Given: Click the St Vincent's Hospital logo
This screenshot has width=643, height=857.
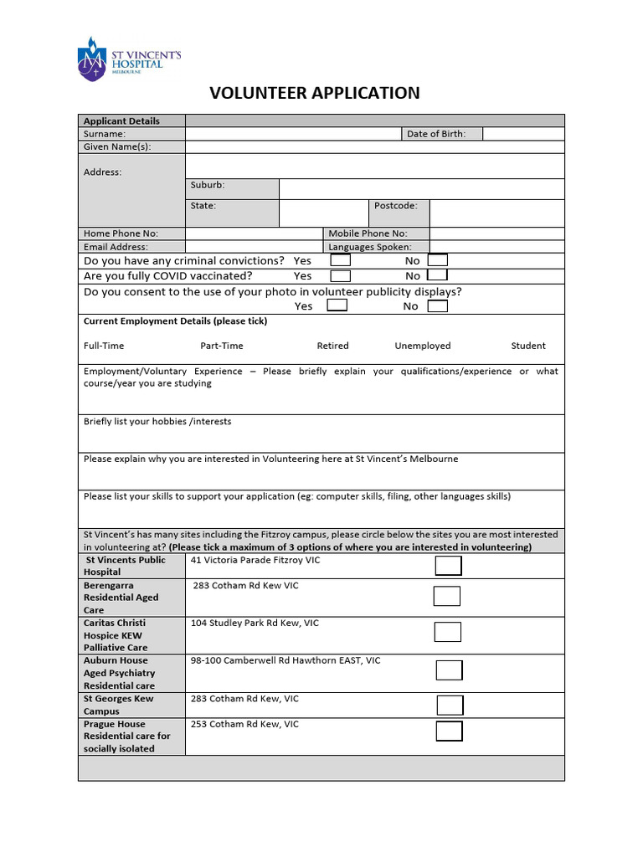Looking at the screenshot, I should pos(128,59).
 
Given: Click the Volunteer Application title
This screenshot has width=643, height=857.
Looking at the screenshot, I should pos(314,93).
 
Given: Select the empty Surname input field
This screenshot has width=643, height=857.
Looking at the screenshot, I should pos(293,134).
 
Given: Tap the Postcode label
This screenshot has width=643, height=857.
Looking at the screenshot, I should pos(395,206).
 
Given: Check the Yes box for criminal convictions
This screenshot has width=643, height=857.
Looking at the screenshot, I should pos(340,260).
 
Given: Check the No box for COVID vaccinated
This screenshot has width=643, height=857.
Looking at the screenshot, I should pos(437,275).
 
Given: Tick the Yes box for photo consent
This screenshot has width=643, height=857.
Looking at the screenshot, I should pos(337,305).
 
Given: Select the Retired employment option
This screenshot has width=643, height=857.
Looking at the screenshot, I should pos(332,346).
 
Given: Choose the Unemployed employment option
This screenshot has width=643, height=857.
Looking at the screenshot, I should pos(422,346).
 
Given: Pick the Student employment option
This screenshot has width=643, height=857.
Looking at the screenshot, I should pos(527,346).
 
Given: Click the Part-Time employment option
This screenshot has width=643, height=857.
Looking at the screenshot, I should pos(222,346).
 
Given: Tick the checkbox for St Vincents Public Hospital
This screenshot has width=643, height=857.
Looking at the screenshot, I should pos(448,566).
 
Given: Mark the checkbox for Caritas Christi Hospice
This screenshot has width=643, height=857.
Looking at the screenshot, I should pos(448,632).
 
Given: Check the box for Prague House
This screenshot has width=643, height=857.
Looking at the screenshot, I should pos(449,731).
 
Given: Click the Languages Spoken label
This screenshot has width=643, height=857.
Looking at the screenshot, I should pos(369,247).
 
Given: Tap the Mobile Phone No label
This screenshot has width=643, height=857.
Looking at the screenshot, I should pos(368,233).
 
